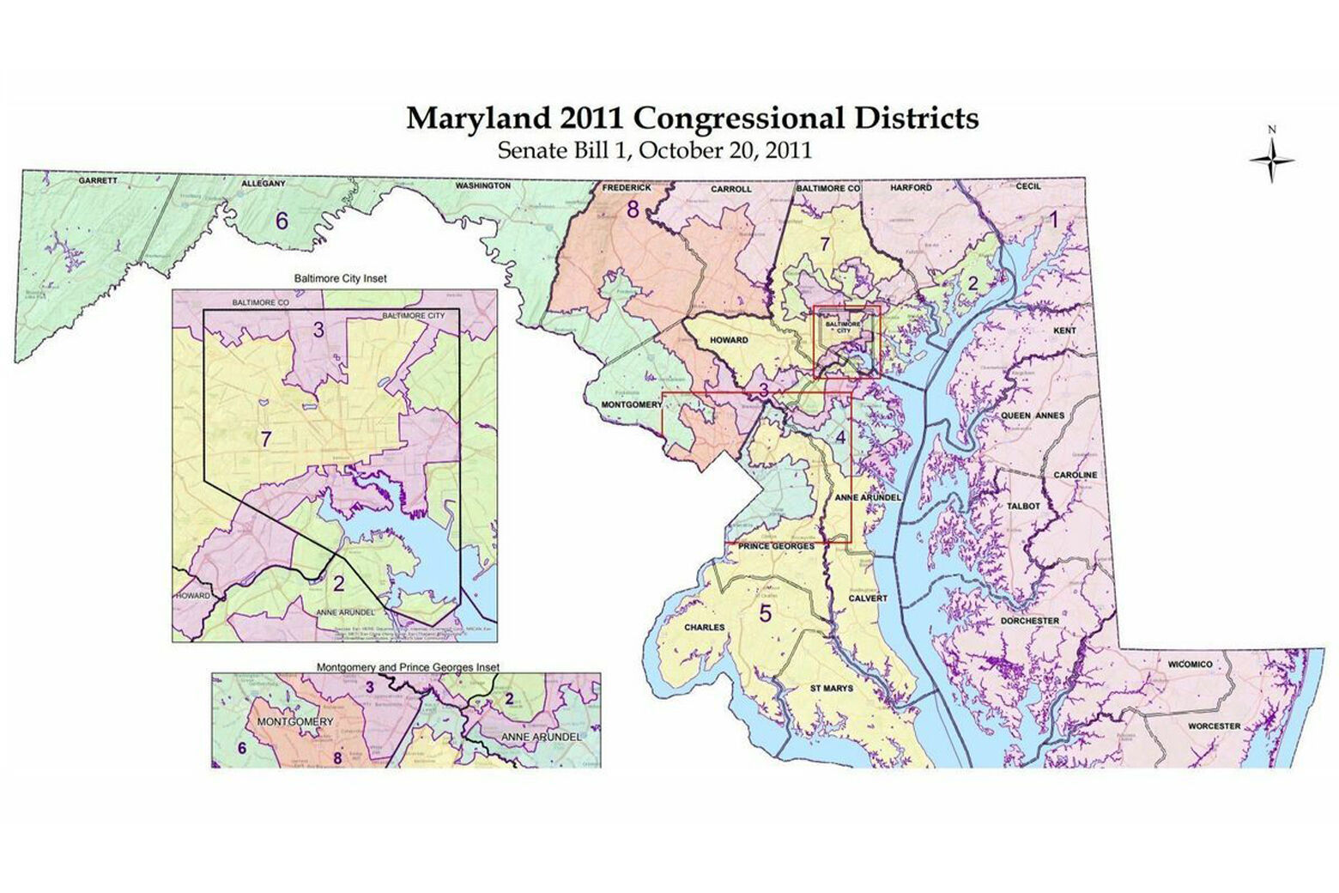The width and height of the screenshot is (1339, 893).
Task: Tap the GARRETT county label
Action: (98, 182)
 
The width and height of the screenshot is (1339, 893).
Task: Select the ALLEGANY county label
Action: (263, 184)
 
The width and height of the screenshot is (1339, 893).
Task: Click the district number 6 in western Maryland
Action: (281, 221)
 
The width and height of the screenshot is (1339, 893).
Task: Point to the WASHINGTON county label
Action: (482, 185)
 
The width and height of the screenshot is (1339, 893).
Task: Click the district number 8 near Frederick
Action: (633, 209)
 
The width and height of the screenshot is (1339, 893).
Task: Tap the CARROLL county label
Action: (730, 189)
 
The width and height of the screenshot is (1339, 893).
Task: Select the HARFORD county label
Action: (911, 187)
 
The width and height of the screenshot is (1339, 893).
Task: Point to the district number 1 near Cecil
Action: (1055, 219)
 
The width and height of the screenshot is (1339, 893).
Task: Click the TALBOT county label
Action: (1023, 507)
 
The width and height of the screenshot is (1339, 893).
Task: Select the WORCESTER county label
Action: (1214, 726)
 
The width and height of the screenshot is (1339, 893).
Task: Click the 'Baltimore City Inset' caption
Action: (340, 279)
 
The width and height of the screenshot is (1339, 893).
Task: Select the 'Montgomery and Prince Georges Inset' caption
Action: (408, 667)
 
